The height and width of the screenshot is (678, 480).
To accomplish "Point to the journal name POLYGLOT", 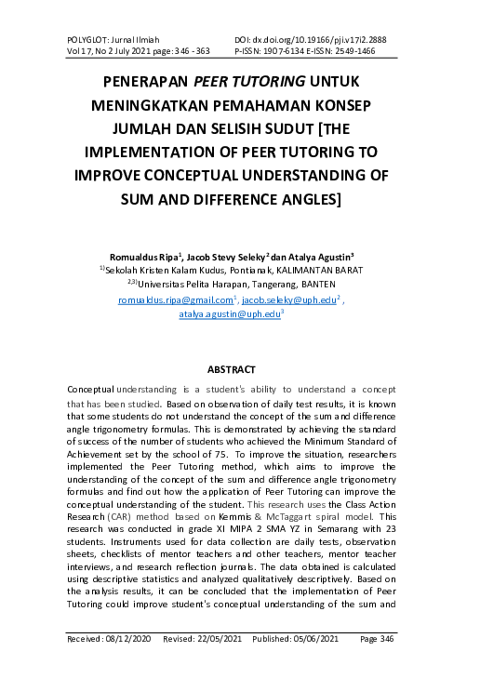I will [89, 40].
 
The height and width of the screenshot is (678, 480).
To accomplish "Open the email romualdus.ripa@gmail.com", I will [176, 300].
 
